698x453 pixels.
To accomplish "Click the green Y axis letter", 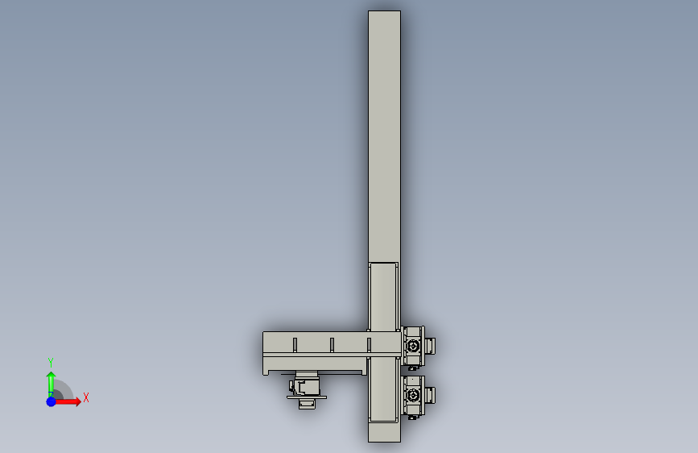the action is (51, 362).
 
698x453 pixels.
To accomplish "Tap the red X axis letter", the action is (86, 397).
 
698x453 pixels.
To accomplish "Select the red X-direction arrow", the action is (67, 401).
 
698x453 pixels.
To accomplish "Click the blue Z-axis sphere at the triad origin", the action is (52, 401).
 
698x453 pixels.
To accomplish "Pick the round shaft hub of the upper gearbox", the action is (413, 346).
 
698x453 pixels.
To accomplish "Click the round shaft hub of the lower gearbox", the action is (413, 395).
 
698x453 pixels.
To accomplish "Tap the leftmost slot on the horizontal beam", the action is (295, 345).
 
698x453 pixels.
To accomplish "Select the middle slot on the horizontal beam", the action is (332, 345).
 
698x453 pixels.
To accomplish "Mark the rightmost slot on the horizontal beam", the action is (369, 345).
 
